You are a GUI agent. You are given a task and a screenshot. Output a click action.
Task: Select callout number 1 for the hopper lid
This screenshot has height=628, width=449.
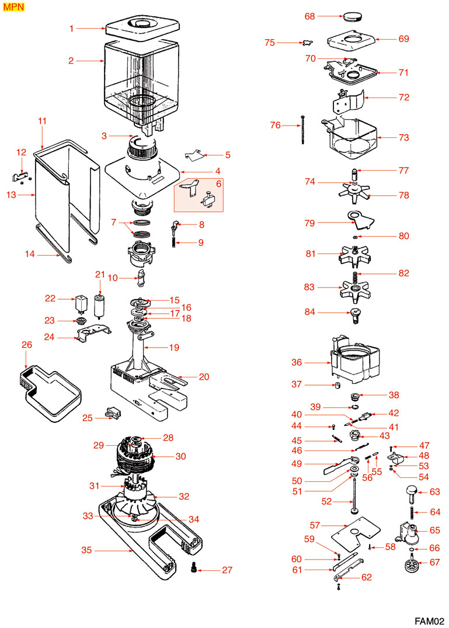72,27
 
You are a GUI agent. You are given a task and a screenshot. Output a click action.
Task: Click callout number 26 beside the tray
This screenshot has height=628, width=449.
26,345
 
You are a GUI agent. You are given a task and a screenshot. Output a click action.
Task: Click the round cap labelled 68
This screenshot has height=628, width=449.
351,15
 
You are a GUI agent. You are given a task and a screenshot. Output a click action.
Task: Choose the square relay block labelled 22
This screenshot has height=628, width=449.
79,303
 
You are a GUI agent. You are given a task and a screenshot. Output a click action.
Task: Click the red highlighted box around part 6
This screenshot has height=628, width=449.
199,195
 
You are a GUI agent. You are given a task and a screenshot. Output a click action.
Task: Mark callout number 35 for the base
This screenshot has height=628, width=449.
87,550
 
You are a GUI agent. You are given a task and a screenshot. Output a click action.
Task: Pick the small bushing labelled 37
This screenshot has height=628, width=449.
338,386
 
